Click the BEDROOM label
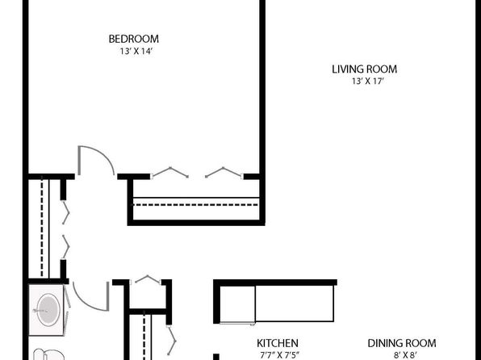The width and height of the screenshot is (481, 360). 134,39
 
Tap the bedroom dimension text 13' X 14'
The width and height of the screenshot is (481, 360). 136,51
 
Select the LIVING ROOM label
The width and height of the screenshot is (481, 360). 365,69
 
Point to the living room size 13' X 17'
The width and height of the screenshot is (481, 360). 368,82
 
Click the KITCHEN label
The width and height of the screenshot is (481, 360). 278,343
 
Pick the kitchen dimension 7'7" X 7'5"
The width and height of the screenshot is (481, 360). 279,355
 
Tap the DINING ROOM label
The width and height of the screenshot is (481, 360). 402,343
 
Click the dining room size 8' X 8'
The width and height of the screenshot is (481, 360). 405,355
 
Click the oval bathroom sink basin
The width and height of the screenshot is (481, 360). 48,310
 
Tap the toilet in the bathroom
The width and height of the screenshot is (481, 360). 48,354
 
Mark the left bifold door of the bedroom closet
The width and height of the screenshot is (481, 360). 169,172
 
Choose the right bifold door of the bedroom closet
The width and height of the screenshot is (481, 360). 224,172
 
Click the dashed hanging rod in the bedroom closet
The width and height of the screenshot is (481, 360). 195,205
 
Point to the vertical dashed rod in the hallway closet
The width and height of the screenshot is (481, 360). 42,228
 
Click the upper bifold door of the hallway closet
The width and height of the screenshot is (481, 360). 65,212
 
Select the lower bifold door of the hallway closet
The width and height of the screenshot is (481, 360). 65,247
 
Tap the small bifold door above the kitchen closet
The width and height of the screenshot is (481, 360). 148,279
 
